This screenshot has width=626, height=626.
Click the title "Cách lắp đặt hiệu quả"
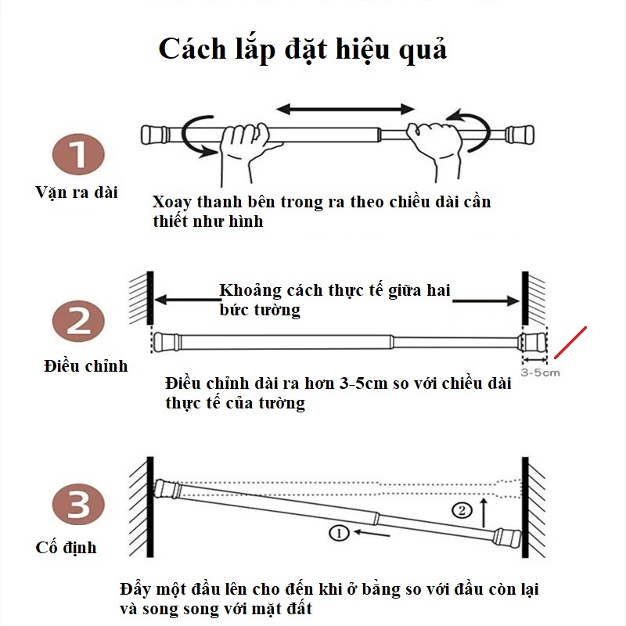pyautogui.click(x=303, y=49)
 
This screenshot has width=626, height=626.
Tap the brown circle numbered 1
pyautogui.click(x=78, y=153)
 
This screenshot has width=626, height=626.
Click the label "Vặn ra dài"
pyautogui.click(x=77, y=192)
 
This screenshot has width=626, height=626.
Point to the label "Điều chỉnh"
pyautogui.click(x=85, y=365)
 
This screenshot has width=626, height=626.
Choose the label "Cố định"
pyautogui.click(x=67, y=548)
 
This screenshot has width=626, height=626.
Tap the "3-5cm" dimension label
pyautogui.click(x=540, y=372)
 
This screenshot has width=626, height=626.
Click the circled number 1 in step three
pyautogui.click(x=338, y=534)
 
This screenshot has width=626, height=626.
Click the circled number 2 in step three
pyautogui.click(x=463, y=510)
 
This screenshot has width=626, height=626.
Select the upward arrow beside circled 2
pyautogui.click(x=485, y=511)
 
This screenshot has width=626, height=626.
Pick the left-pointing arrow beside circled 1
pyautogui.click(x=371, y=534)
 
